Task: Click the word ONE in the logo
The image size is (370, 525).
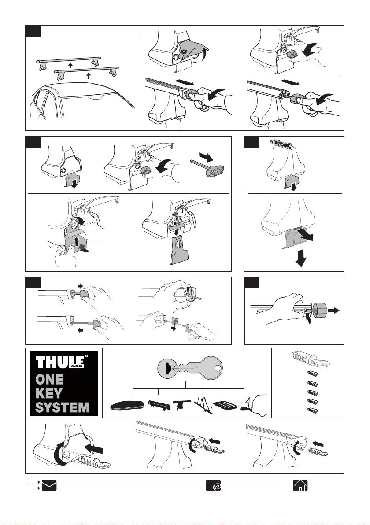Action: coord(49,379)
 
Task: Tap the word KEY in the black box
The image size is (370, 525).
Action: coord(49,393)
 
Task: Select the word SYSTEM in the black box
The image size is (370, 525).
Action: coord(62,407)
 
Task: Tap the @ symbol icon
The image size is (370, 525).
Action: coord(213,485)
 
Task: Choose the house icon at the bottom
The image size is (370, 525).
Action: coord(300,485)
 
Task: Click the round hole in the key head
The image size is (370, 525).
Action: coord(218,368)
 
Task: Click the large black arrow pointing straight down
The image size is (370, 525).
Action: coord(301,258)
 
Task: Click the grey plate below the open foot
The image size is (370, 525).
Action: coord(179,249)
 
